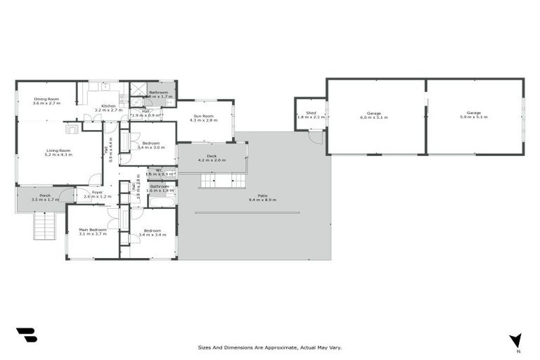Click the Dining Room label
tap(47, 98)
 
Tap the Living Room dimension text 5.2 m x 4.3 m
tap(60, 154)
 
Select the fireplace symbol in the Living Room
tap(73, 129)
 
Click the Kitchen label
tap(108, 105)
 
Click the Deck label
tap(211, 155)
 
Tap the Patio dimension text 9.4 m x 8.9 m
tap(262, 200)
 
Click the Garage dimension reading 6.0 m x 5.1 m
tap(373, 117)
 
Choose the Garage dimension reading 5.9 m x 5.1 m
tap(474, 117)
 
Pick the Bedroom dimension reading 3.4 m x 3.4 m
tap(153, 235)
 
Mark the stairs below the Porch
tap(44, 226)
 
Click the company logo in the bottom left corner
tap(26, 335)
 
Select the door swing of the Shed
tap(316, 137)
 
